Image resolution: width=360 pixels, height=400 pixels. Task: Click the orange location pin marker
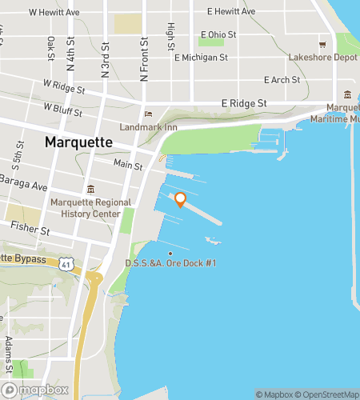180,200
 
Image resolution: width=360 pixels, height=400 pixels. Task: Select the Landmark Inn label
147,127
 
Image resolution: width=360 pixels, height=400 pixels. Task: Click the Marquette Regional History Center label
86,208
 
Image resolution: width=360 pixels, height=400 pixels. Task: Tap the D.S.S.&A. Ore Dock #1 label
170,263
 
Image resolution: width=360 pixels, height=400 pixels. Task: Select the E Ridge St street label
244,104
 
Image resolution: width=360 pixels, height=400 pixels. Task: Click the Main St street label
127,166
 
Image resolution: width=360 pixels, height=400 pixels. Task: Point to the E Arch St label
282,80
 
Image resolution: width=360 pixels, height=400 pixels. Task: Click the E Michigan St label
201,58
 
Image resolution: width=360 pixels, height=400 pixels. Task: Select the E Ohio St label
220,34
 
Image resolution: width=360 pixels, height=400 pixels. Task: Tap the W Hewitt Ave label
54,13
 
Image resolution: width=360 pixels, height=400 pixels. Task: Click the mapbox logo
36,390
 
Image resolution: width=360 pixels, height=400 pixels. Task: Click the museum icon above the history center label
90,190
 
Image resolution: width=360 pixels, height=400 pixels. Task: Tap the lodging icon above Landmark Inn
146,114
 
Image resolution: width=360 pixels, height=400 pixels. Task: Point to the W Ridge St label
63,84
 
